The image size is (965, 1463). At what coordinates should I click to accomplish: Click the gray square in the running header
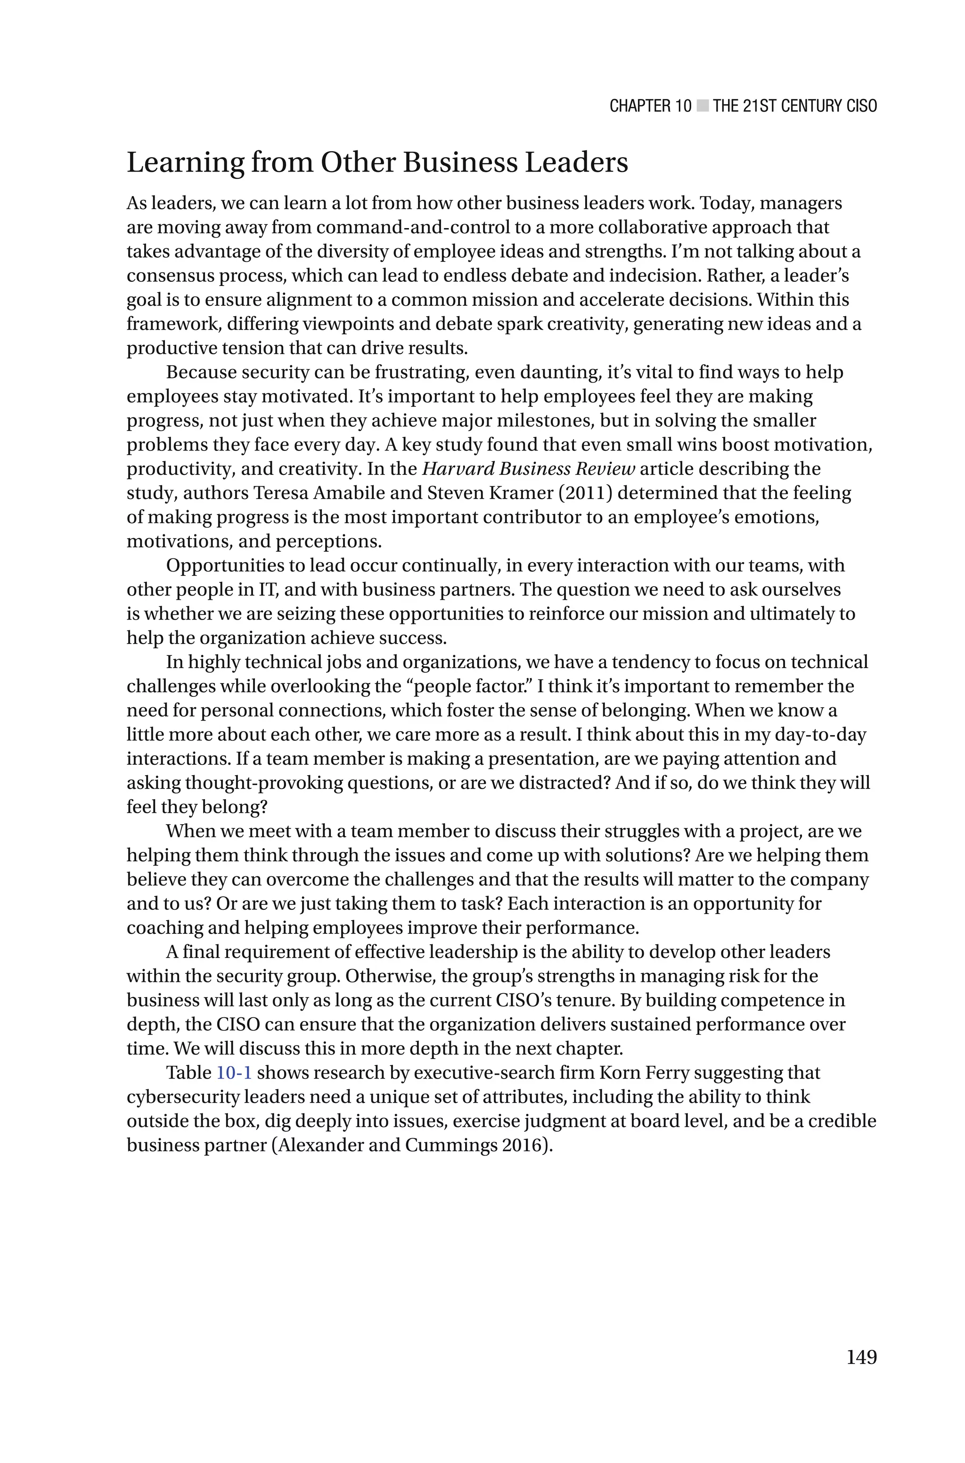click(702, 106)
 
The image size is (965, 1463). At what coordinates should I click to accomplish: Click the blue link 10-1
click(234, 1072)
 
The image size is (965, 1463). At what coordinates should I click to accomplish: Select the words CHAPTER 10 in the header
click(650, 106)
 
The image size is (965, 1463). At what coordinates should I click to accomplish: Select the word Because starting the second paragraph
click(201, 372)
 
